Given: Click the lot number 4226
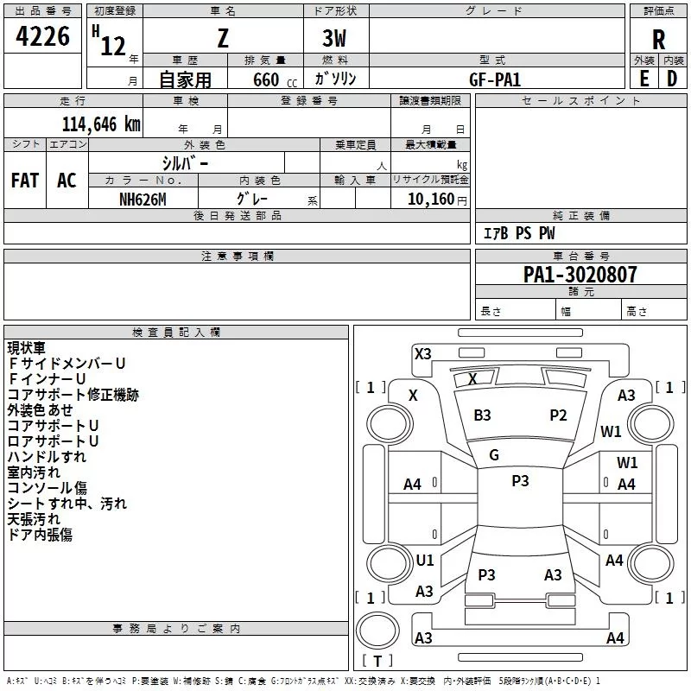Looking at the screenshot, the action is (42, 36).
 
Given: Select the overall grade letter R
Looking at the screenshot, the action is (658, 40).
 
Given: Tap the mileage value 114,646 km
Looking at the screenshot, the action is (101, 124).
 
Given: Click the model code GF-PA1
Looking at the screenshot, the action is (495, 79).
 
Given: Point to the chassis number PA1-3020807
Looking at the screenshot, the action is (580, 275).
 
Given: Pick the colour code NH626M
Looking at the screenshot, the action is (143, 200).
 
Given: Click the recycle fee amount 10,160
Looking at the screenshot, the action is (431, 200).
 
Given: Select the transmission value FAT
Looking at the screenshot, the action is (25, 181).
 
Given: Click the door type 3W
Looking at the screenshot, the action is (334, 38).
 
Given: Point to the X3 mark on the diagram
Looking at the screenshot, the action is (422, 354).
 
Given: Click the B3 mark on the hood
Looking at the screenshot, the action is (482, 415).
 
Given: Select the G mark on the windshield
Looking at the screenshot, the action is (494, 455).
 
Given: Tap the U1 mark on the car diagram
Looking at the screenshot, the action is (425, 560).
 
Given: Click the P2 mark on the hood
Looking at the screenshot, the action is (558, 415).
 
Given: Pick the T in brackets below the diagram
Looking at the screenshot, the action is (377, 661).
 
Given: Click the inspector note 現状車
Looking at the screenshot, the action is (27, 348).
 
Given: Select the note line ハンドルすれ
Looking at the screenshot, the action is (47, 457).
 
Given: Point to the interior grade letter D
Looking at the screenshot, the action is (672, 79).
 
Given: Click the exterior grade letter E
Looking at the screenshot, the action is (643, 79).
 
